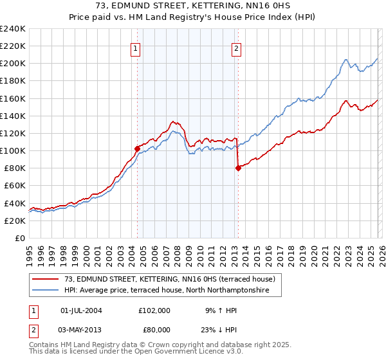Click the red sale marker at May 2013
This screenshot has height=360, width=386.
click(238, 168)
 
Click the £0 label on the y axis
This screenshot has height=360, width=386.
click(20, 238)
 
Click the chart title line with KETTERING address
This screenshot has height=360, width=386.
click(193, 8)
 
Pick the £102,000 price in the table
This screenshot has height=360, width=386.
click(154, 310)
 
